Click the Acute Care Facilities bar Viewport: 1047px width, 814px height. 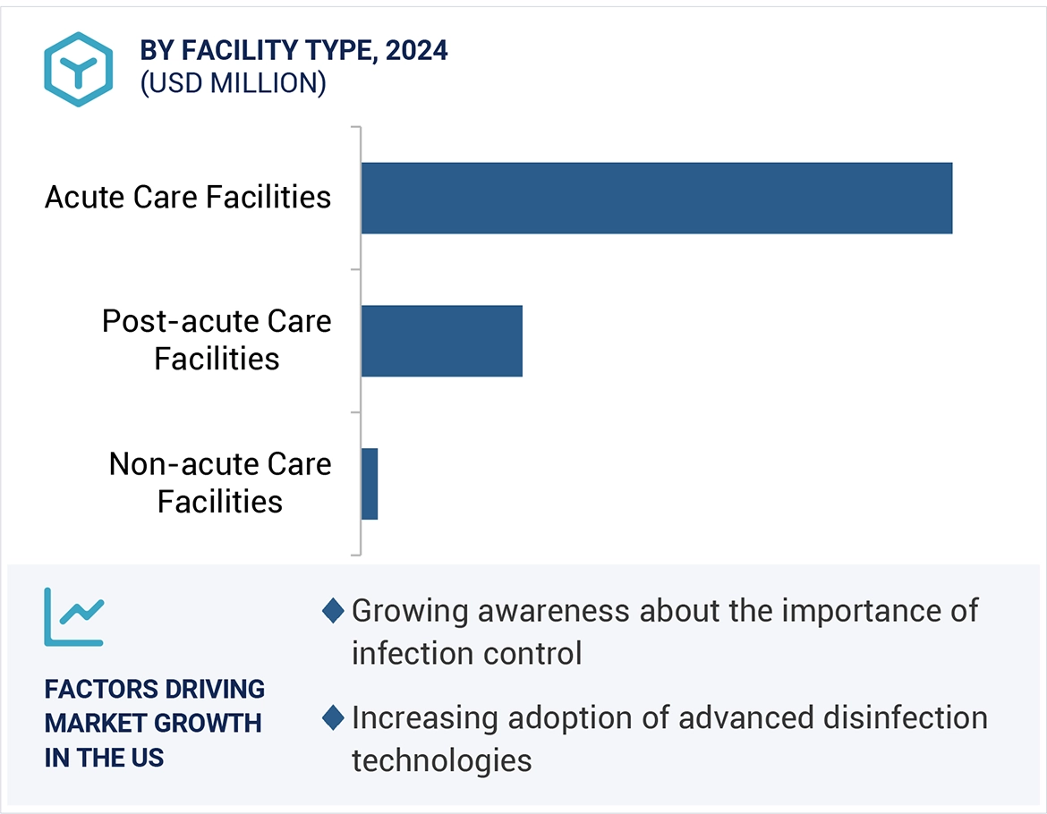(656, 198)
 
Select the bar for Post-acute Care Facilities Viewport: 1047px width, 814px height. (441, 341)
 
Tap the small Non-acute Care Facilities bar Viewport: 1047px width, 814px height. (370, 484)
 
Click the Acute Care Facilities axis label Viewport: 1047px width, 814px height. (188, 198)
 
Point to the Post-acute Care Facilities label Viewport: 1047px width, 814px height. (217, 340)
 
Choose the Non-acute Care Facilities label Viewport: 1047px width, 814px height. (220, 483)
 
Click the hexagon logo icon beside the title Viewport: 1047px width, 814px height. (79, 70)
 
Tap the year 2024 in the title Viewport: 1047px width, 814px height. (416, 51)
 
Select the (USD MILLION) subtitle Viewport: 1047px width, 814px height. (233, 83)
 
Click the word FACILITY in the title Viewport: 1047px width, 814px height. (243, 51)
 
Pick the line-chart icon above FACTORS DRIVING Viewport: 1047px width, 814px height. (73, 616)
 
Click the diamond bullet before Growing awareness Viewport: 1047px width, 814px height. (333, 611)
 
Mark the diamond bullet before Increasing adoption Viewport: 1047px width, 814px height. (333, 717)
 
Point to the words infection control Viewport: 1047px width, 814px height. (466, 653)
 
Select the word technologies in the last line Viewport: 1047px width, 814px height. (441, 759)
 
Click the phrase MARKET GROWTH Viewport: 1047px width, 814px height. (153, 723)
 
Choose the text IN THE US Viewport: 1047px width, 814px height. (104, 757)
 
